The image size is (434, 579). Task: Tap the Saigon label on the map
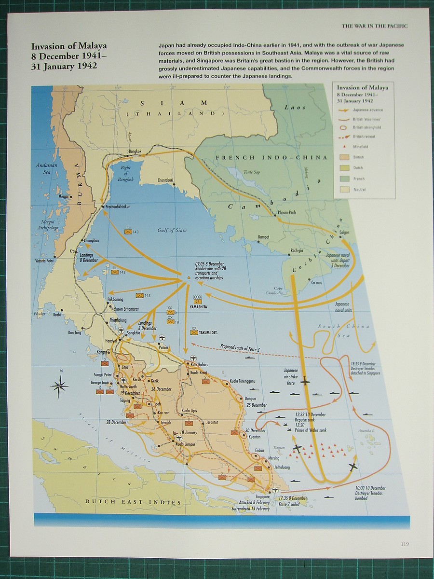click(344, 232)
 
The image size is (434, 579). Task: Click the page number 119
click(404, 544)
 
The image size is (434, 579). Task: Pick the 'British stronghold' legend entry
click(367, 127)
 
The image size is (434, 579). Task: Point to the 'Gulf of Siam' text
click(172, 230)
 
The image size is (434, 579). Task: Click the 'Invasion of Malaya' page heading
click(69, 46)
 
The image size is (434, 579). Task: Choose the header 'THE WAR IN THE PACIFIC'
click(374, 26)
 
